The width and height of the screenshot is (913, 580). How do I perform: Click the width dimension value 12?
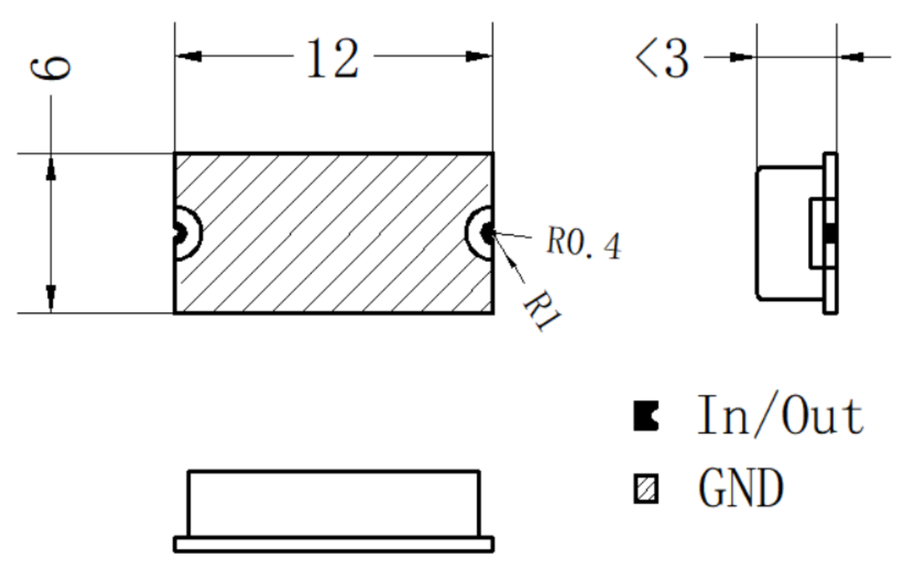(x=333, y=58)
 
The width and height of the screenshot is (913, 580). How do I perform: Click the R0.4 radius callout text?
(x=584, y=243)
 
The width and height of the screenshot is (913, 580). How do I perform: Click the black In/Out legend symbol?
(x=646, y=416)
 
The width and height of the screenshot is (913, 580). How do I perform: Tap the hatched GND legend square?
(x=646, y=488)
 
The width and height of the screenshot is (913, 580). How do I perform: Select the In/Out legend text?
(x=780, y=416)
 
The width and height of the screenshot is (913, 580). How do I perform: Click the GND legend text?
(x=741, y=488)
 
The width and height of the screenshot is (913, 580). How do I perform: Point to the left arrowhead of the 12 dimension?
(x=188, y=57)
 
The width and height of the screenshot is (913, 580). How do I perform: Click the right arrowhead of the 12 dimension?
(x=479, y=57)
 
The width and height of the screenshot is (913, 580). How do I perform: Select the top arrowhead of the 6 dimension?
(x=51, y=168)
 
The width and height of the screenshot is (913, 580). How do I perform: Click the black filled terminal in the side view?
(x=831, y=233)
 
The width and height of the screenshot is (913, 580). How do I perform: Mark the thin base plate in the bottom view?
(x=333, y=544)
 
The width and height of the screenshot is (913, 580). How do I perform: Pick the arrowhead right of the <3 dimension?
(x=852, y=57)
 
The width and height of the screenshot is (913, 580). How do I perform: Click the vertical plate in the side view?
(x=831, y=233)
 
